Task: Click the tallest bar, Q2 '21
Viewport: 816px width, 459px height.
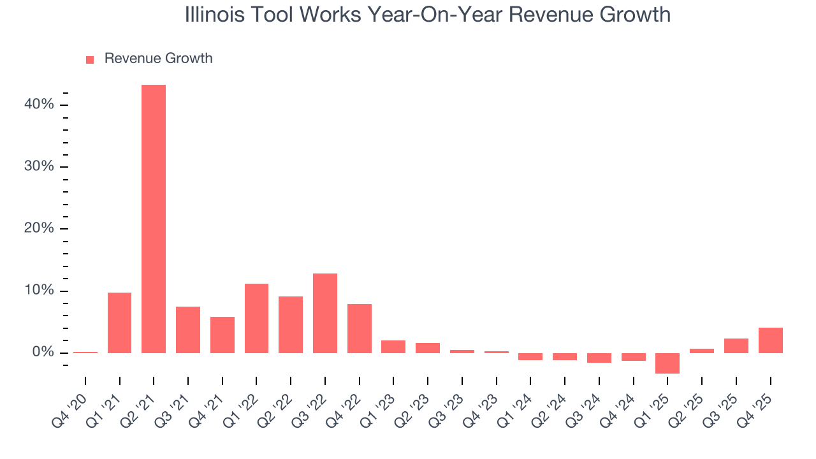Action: click(x=154, y=219)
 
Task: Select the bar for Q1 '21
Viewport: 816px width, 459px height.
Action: click(x=119, y=323)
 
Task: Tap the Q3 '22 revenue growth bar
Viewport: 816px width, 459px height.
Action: click(x=325, y=313)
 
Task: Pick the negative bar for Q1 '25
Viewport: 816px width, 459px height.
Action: click(x=667, y=363)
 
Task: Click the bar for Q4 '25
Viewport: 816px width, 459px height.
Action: click(x=770, y=340)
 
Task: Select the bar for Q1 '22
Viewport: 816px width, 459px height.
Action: click(x=256, y=318)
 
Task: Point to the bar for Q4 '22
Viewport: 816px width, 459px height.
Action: click(x=360, y=328)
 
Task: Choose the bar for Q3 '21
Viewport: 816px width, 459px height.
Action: click(x=188, y=330)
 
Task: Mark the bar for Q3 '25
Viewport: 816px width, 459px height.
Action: click(x=736, y=346)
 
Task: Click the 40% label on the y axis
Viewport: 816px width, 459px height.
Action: click(x=39, y=104)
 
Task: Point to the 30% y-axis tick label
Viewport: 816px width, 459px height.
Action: click(x=39, y=166)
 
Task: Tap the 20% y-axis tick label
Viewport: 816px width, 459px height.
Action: click(x=39, y=228)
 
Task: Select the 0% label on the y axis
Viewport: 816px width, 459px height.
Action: click(x=43, y=353)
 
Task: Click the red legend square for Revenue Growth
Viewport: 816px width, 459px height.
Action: click(x=90, y=59)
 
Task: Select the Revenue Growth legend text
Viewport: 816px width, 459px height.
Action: click(x=158, y=59)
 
